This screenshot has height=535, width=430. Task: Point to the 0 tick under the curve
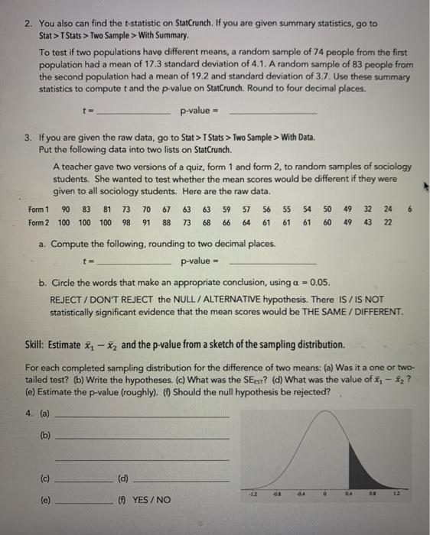[325, 493]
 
